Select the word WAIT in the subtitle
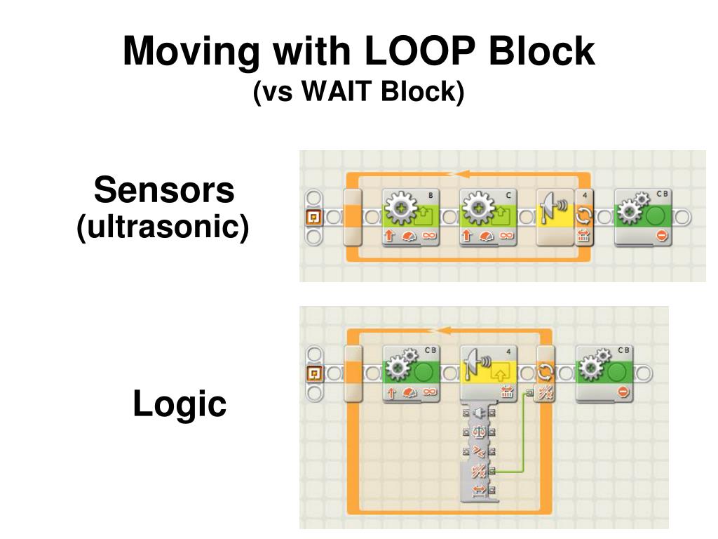[x=338, y=92]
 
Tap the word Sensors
[x=164, y=190]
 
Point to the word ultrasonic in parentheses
[x=163, y=227]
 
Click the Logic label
[x=179, y=404]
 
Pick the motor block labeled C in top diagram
[x=488, y=217]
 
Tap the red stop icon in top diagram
[x=661, y=236]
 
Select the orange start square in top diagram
[x=315, y=217]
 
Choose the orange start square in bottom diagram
[x=315, y=373]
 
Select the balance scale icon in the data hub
[x=480, y=432]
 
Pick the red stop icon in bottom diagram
[x=623, y=392]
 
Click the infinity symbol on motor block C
[x=505, y=236]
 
